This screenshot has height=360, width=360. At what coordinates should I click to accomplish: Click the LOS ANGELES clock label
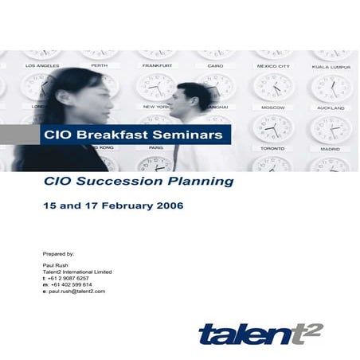point(42,65)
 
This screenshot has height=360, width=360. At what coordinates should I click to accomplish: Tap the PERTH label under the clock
point(100,65)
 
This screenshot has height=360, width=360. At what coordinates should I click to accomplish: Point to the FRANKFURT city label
point(157,65)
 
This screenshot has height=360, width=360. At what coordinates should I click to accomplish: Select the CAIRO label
point(215,65)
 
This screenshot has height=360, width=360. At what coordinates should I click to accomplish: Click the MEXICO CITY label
point(273,66)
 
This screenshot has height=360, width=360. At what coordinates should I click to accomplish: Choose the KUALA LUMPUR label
point(331,67)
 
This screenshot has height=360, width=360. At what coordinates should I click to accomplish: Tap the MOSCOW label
point(273,108)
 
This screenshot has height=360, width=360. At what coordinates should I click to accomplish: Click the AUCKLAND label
point(331,108)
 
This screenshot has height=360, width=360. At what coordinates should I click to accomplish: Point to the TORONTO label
point(272,149)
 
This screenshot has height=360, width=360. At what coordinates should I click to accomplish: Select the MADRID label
point(331,149)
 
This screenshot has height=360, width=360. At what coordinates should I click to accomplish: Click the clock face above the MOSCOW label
point(273,87)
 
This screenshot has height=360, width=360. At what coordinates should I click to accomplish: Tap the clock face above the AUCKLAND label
point(331,88)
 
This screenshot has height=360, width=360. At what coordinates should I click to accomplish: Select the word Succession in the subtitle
point(119,182)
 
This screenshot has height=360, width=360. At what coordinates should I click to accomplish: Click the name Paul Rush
point(55,265)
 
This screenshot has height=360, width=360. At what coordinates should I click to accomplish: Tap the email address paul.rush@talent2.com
point(77,292)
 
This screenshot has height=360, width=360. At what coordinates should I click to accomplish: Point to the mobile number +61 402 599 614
point(72,284)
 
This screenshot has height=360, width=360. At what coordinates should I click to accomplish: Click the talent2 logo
point(261,334)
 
